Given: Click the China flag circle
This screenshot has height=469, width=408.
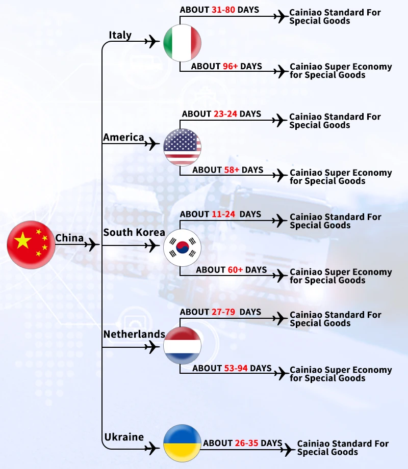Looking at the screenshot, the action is click(x=31, y=245).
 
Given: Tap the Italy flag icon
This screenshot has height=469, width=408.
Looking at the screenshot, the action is click(x=182, y=43).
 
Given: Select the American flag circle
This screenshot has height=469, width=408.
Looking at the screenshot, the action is click(x=182, y=147).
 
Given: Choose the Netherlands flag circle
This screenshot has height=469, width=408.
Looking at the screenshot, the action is click(x=182, y=346).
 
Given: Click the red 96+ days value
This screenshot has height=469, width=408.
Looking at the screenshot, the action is click(x=230, y=66).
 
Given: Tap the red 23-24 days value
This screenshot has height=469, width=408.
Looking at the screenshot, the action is click(x=225, y=114).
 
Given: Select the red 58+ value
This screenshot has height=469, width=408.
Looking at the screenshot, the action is click(x=232, y=170).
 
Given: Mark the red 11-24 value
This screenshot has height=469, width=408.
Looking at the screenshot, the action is click(x=223, y=214).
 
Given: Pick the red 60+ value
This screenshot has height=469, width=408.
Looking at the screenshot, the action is click(x=235, y=270).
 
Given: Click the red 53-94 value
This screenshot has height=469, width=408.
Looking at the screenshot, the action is click(x=236, y=368).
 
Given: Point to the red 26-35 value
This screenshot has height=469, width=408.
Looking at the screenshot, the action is click(x=246, y=443).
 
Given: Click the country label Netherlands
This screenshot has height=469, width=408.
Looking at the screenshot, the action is click(x=134, y=334).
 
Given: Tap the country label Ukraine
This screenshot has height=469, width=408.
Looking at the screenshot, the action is click(x=124, y=437).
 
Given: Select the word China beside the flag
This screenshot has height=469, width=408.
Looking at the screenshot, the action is click(x=69, y=238).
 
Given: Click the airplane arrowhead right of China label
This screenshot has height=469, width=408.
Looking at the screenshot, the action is click(x=92, y=245).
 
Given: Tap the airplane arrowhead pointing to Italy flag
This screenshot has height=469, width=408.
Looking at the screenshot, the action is click(x=152, y=41).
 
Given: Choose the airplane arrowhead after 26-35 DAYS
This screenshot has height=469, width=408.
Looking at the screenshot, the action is click(x=289, y=449).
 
